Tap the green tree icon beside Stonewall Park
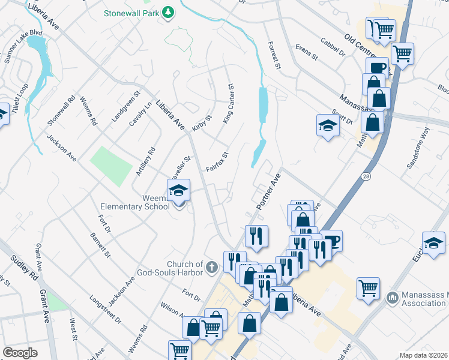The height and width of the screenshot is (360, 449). (x=170, y=11)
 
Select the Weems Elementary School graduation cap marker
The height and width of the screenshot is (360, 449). (x=178, y=191)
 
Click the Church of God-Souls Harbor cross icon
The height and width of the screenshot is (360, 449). (x=211, y=266)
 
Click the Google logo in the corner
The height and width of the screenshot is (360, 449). (x=20, y=353)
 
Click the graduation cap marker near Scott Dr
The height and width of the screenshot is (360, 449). (x=328, y=125)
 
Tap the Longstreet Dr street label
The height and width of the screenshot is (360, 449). (x=106, y=308)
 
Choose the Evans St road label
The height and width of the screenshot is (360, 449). (x=306, y=52)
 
